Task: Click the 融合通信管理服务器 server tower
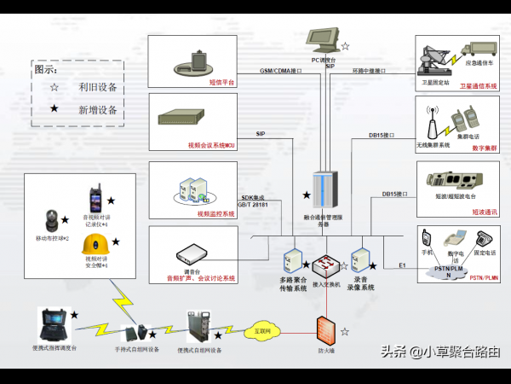coord(325,189)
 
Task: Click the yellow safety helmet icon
coord(94,245)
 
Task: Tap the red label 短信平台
coord(221,83)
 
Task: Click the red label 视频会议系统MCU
coord(212,146)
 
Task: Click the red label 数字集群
coord(483,148)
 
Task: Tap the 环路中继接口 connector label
coord(369,71)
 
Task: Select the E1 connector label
coord(402,265)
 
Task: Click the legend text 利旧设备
coord(97,87)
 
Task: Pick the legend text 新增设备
coord(97,109)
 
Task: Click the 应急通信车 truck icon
coord(479,50)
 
